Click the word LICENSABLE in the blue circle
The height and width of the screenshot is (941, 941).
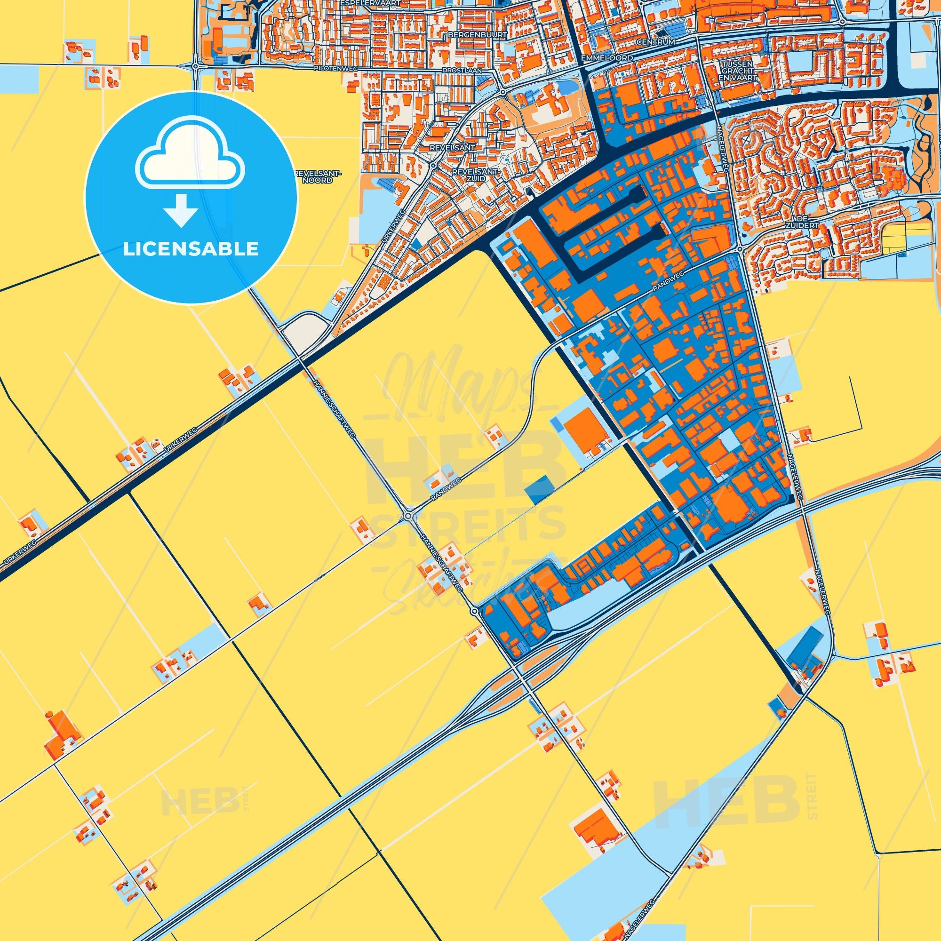click(191, 249)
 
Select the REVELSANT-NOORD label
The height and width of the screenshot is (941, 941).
click(319, 177)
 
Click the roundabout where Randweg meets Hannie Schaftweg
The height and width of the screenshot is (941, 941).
click(407, 516)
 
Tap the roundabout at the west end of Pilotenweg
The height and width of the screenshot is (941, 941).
click(195, 66)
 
